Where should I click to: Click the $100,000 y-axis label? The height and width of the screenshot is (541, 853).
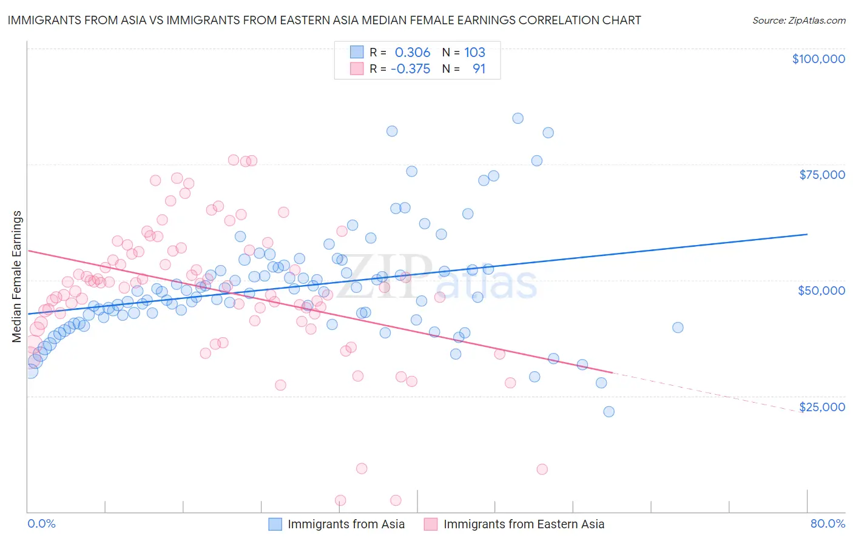pos(818,59)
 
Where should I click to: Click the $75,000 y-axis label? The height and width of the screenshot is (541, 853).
pos(822,175)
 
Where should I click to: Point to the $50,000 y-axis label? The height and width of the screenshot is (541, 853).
pos(821,291)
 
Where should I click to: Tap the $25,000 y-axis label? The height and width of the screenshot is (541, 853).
pos(821,406)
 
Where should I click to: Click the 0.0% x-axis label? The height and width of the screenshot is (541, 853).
pos(41,523)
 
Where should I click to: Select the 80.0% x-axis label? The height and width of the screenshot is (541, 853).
pos(828,523)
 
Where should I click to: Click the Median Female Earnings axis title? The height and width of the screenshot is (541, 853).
pos(17,277)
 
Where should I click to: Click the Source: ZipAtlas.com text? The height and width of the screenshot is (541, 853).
pos(798,20)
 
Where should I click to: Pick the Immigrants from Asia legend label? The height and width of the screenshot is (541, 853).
pos(346,525)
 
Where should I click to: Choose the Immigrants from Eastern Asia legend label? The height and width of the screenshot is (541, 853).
pos(524,525)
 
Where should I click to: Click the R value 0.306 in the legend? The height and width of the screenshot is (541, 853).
pos(413,52)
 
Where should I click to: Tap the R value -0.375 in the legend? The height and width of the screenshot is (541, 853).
pos(410,69)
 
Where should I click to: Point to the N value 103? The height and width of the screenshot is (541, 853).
pos(475,52)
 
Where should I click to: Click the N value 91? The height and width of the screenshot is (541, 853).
pos(479,69)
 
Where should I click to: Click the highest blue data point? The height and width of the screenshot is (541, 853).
pos(518,118)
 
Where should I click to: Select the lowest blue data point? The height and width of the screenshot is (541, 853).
pos(609,412)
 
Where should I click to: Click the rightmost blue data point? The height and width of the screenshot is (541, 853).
pos(678,328)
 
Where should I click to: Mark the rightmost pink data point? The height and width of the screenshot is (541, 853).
pos(542,469)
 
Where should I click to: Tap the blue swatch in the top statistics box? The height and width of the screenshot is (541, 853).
pos(357,52)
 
